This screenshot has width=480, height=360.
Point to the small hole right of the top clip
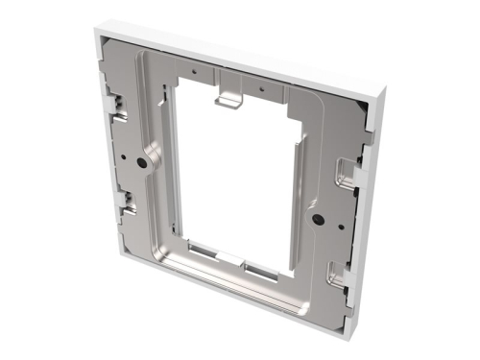[x=260, y=84]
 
